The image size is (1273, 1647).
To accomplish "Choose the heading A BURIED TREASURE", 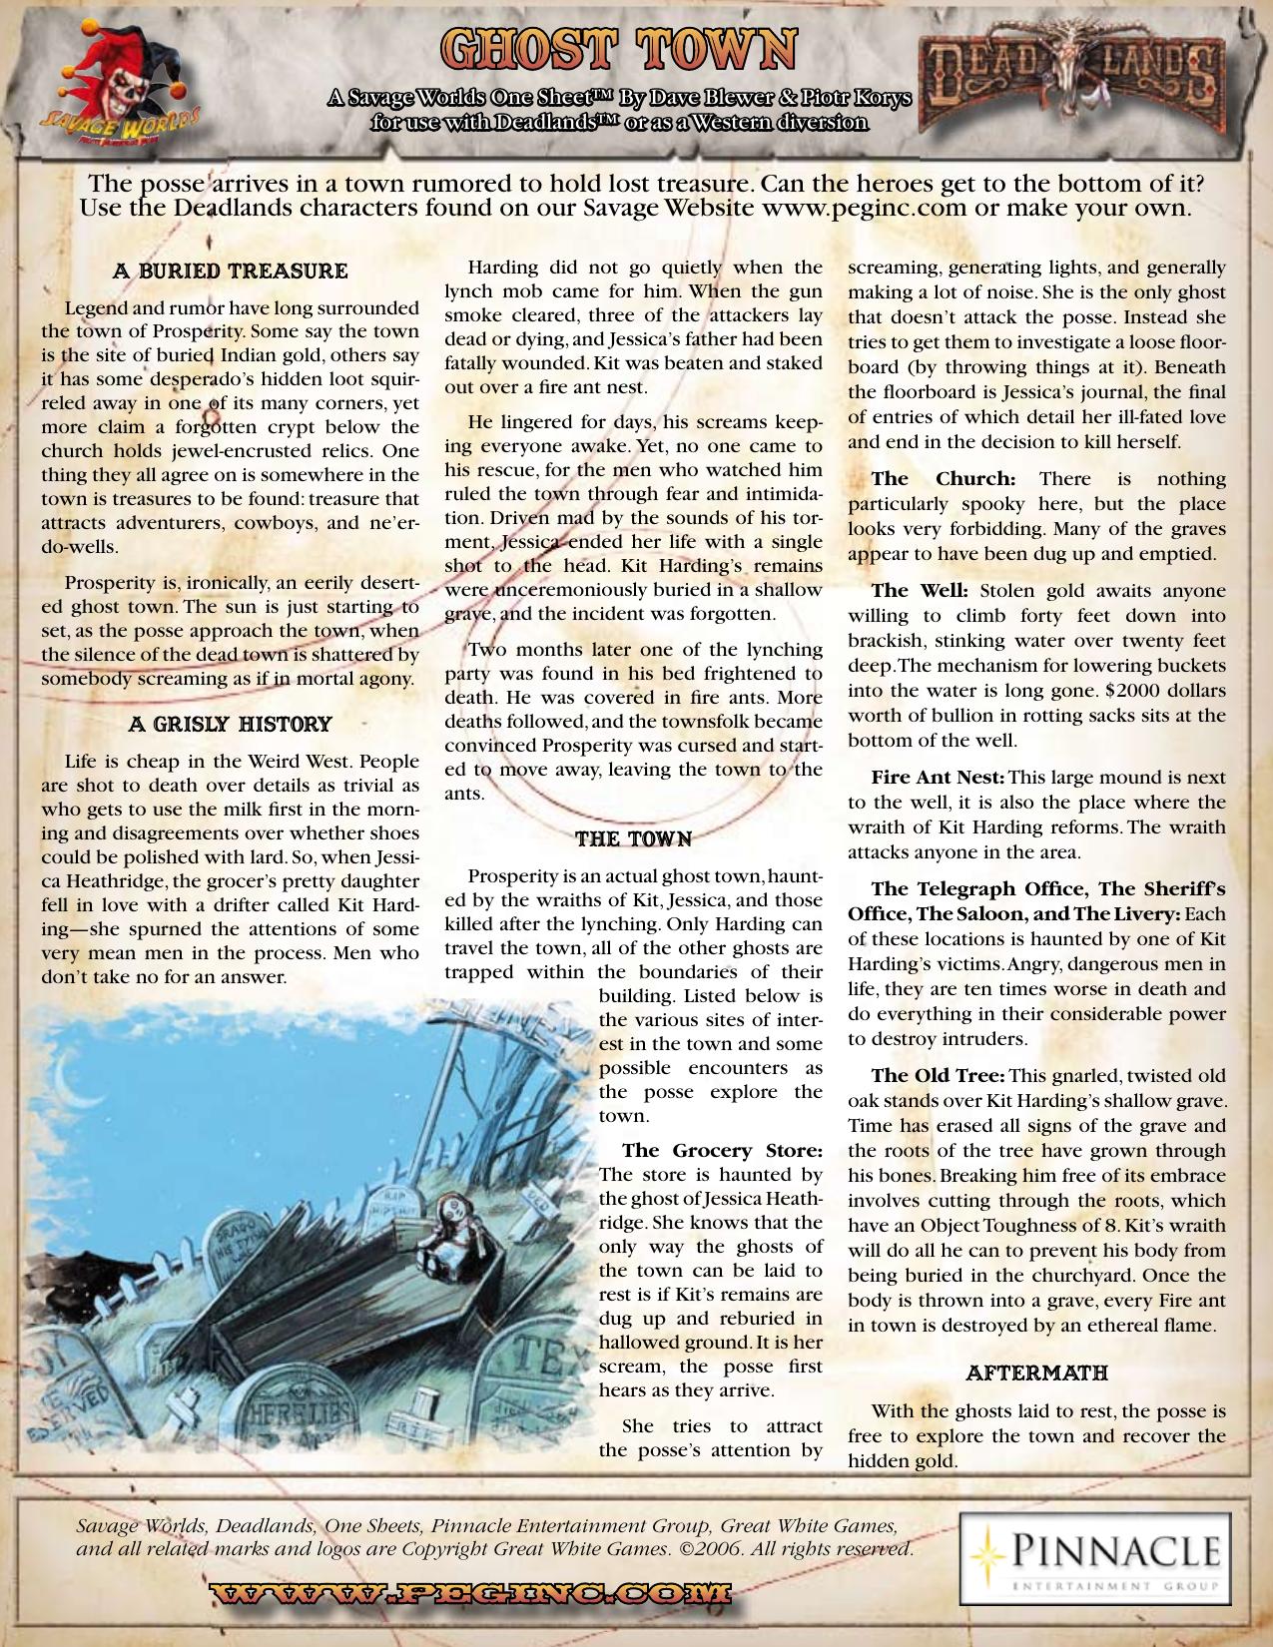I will coord(231,272).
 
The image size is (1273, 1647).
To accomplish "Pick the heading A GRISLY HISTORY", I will coord(231,724).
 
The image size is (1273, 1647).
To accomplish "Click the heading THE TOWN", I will coord(633,838).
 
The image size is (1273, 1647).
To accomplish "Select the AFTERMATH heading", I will coord(1036,1372).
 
